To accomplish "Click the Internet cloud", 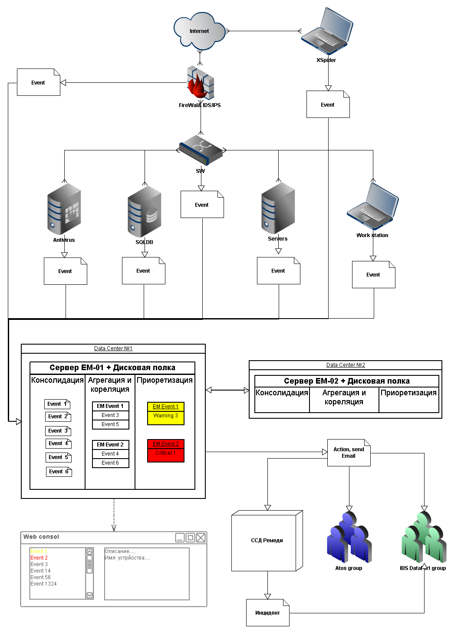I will point(199,31).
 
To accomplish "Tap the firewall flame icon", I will point(200,83).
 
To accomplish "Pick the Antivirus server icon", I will point(64,209).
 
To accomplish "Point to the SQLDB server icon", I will point(145,212).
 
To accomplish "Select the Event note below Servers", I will point(278,271).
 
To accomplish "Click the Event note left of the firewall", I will point(38,82).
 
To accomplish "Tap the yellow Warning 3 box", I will point(166,416).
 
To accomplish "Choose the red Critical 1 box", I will point(166,453).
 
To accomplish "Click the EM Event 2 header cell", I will point(110,445).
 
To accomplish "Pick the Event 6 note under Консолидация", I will point(59,472).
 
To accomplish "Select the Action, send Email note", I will point(349,453).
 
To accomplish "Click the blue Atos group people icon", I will point(349,537).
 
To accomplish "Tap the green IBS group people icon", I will point(424,537).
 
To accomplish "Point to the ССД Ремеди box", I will point(267,541).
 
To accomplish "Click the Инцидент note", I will point(267,613).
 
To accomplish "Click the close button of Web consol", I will point(201,538).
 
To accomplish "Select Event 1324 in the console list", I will point(43,584).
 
